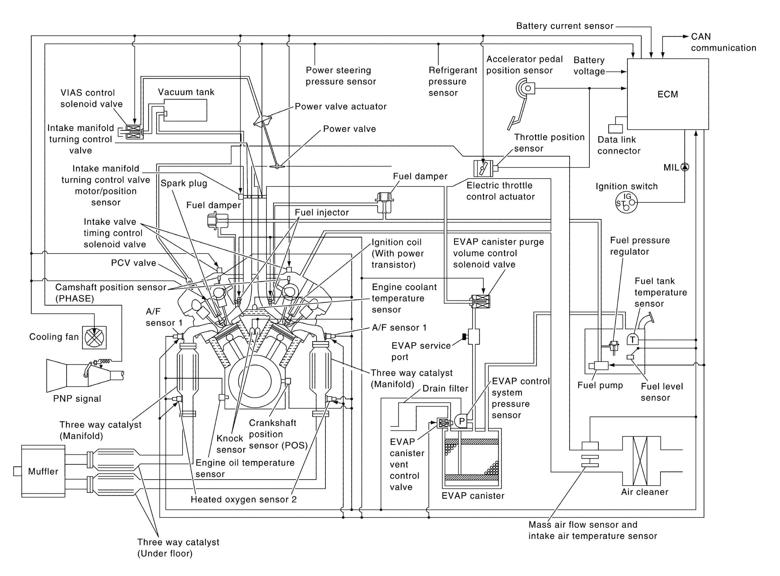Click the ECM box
tap(668, 94)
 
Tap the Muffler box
tap(43, 471)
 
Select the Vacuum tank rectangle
tap(185, 110)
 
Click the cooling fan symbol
tap(94, 337)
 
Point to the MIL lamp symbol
tap(685, 167)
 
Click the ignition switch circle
tap(626, 203)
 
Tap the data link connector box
tap(615, 128)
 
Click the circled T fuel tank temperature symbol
tap(632, 340)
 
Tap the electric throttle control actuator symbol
tap(483, 168)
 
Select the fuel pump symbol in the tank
tap(601, 365)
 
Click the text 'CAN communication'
tap(723, 42)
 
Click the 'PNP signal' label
tap(77, 399)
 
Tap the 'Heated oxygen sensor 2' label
tap(244, 499)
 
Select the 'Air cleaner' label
tap(645, 492)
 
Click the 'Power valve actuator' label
tap(340, 106)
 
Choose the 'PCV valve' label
tap(134, 263)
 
